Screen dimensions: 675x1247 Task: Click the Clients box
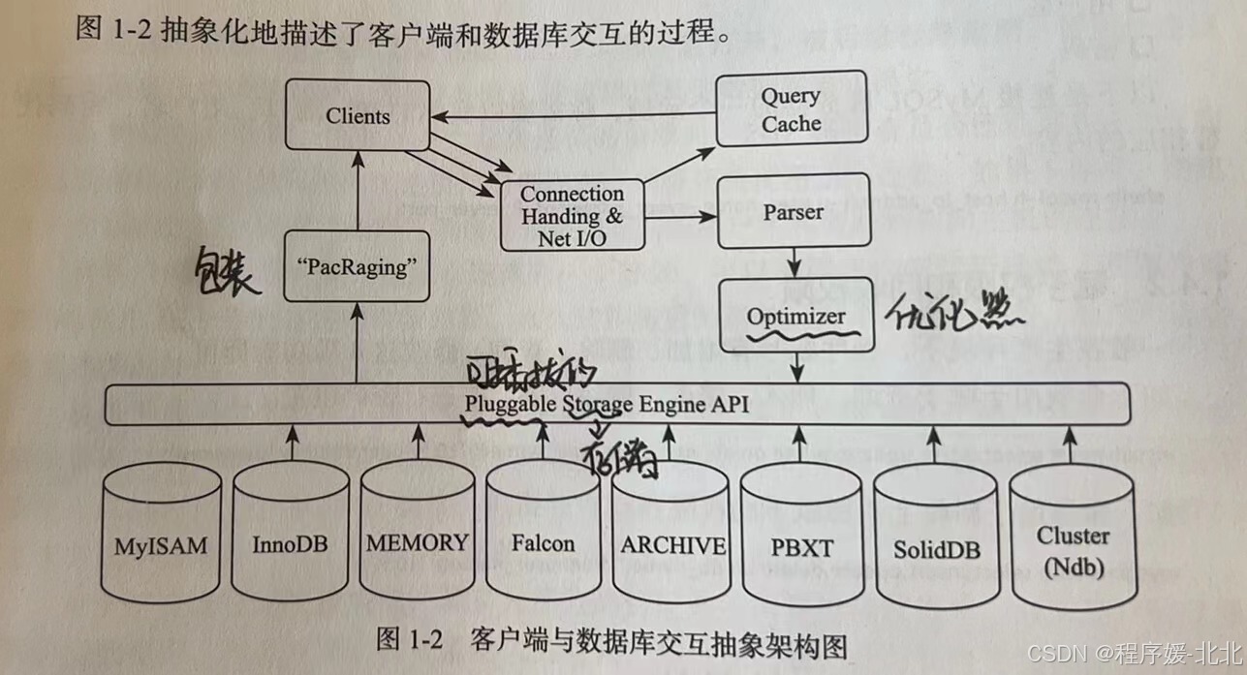(x=358, y=117)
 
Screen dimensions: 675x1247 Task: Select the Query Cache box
(x=791, y=109)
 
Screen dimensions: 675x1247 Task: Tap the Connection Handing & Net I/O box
(x=572, y=216)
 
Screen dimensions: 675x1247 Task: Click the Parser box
(x=793, y=212)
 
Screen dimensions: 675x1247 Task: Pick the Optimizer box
(x=795, y=317)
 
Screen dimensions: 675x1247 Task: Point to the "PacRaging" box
(x=359, y=267)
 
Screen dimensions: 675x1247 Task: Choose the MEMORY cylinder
(x=417, y=542)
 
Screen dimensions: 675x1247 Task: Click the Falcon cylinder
(x=544, y=543)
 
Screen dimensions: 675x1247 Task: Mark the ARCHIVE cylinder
(x=672, y=545)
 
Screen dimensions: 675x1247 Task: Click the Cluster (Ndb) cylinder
(x=1073, y=549)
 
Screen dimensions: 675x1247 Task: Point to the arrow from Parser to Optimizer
(x=795, y=261)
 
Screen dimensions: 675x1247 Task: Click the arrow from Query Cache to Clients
(x=572, y=117)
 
